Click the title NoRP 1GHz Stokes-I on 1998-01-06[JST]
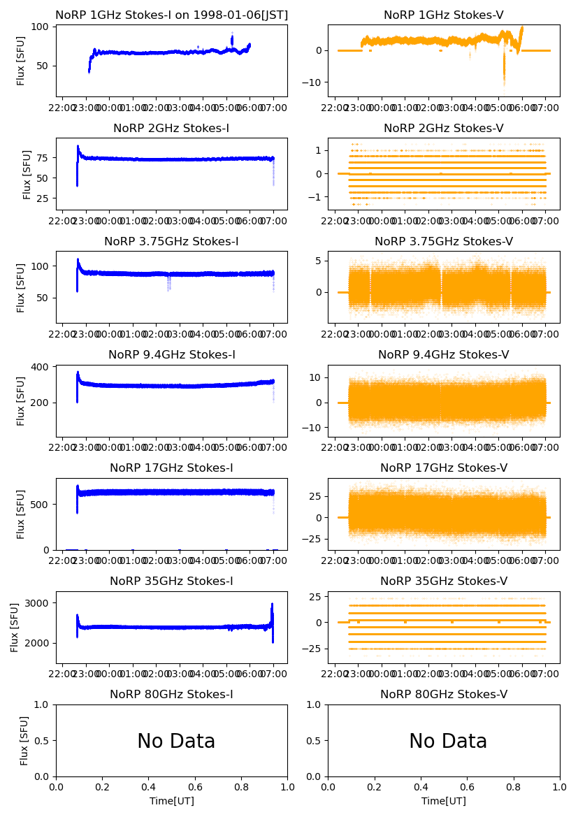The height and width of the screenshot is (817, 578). coord(171,15)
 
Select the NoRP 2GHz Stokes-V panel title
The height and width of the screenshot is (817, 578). coord(444,129)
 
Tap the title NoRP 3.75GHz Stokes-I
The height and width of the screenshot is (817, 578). coord(171,242)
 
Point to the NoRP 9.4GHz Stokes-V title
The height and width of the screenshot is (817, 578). coord(444,355)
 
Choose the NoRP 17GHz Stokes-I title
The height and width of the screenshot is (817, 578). coord(171,468)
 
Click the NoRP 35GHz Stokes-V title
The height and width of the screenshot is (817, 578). coord(444,581)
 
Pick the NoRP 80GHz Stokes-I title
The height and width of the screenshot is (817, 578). coord(171,695)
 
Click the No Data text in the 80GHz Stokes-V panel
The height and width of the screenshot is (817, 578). coord(448,742)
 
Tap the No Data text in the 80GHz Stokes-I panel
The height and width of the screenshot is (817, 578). coord(176,742)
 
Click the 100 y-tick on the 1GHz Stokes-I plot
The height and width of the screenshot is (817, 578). coord(41,27)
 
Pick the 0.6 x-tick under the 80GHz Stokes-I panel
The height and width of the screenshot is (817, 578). coord(195,787)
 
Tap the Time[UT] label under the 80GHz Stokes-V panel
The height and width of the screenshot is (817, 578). coord(444,801)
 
